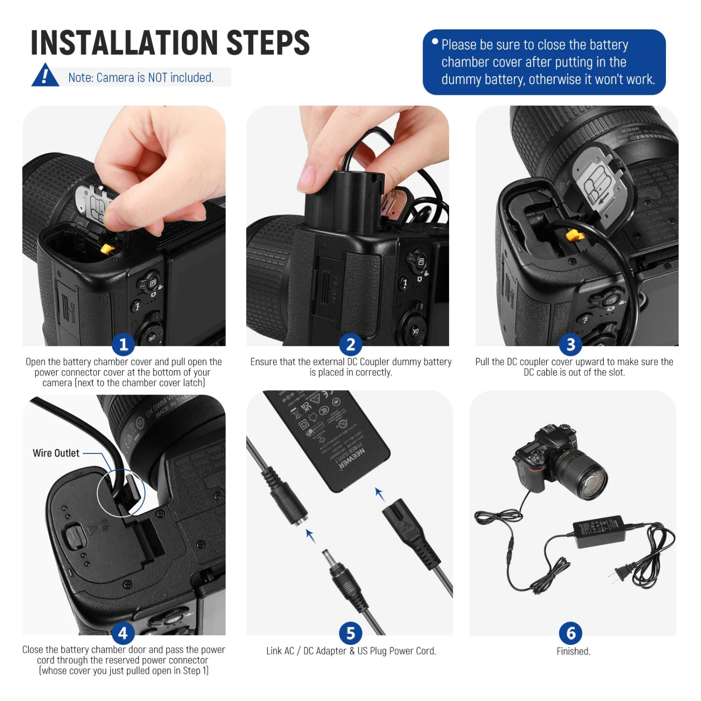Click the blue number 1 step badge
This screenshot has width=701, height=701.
[x=123, y=344]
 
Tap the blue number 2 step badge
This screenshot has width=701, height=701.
[x=350, y=344]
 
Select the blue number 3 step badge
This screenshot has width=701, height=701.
[x=571, y=344]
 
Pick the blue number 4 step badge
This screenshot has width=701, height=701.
[x=123, y=633]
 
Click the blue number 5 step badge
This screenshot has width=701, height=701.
[x=350, y=633]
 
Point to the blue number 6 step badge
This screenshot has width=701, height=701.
[x=571, y=633]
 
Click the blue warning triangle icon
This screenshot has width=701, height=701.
[x=45, y=76]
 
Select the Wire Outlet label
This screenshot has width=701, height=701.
[x=56, y=453]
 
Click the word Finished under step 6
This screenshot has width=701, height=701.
[x=573, y=651]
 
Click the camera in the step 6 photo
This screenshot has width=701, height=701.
[x=558, y=463]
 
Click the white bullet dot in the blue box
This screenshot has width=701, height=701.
[x=435, y=42]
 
